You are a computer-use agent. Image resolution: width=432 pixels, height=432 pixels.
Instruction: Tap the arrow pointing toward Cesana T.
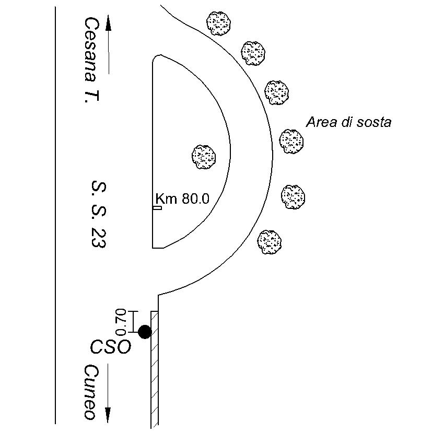[109, 44]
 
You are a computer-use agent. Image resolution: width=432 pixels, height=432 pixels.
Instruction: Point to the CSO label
[110, 347]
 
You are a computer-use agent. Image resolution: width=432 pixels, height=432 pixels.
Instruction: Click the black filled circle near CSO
[145, 332]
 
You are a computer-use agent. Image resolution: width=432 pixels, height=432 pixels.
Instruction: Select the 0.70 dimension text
[121, 322]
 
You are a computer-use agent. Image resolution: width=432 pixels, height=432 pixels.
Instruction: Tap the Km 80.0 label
[182, 199]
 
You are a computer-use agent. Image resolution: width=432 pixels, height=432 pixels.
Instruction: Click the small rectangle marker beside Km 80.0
[157, 208]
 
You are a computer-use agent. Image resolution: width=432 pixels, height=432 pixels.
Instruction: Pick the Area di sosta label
[348, 122]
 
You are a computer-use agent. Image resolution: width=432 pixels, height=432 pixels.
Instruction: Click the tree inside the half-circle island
[204, 156]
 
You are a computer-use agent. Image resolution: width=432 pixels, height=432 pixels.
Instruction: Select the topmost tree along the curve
[219, 22]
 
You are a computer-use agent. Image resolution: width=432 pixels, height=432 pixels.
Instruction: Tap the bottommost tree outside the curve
[270, 242]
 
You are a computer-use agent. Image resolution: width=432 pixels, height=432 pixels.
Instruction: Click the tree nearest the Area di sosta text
[291, 141]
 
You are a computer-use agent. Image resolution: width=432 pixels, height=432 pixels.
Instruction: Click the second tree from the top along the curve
[253, 52]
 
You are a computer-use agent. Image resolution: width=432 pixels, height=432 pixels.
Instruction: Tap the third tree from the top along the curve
[276, 92]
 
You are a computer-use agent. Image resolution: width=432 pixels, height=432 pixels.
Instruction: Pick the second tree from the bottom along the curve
[293, 196]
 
